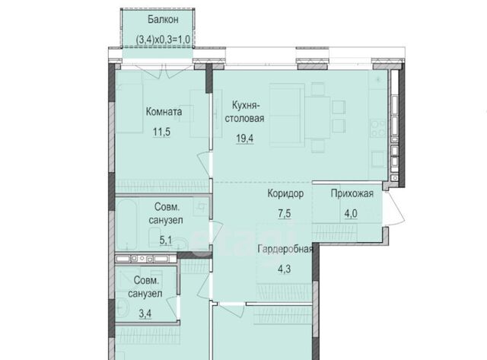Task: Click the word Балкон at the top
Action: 163,20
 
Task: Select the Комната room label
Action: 164,112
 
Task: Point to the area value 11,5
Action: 161,132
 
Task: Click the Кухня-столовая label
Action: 245,112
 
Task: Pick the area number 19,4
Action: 245,139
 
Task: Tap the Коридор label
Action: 285,193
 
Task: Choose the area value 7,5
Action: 284,214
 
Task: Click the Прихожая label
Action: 352,193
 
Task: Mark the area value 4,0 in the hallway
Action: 351,214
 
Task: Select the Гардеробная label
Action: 285,249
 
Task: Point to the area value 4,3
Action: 284,269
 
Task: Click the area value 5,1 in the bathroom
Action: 166,240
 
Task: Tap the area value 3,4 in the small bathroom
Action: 145,314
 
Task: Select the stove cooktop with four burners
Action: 378,128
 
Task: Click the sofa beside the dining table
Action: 286,115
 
